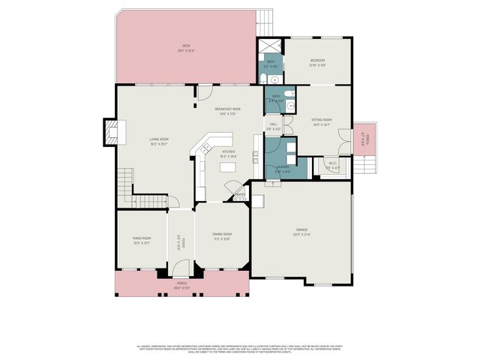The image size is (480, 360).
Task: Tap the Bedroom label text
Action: tap(318, 63)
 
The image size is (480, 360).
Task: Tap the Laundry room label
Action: tap(282, 169)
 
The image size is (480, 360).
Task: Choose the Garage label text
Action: tap(301, 231)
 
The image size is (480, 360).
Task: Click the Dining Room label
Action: tap(221, 237)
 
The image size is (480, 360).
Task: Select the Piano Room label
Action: tap(142, 240)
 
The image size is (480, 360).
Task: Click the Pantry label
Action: tap(240, 196)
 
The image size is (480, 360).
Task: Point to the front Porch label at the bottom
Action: tap(181, 286)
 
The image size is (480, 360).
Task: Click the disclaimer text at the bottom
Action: tap(239, 349)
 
